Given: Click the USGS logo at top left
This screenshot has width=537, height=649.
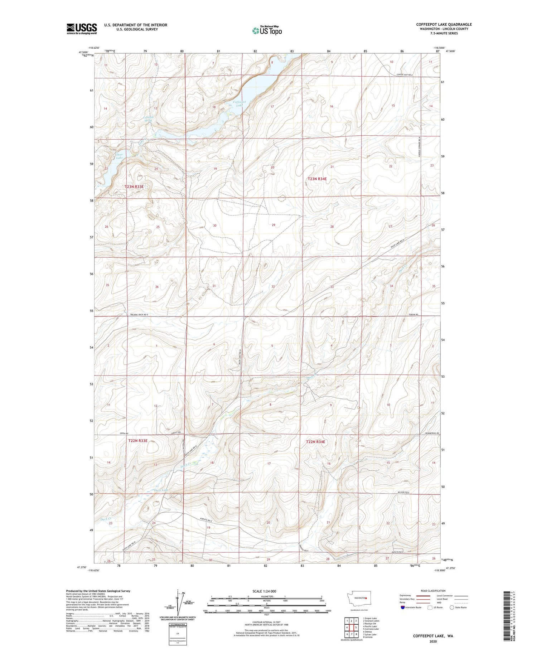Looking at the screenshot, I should (x=82, y=29).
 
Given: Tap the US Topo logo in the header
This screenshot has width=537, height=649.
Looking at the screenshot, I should (x=267, y=31).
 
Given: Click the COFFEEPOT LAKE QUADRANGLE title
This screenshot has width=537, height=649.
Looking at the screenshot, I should (x=444, y=24).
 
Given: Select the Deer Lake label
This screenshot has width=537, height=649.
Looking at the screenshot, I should (x=119, y=156).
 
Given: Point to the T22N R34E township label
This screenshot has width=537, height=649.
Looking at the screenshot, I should (x=315, y=442).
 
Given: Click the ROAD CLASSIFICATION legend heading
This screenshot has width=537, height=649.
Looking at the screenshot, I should (x=433, y=591).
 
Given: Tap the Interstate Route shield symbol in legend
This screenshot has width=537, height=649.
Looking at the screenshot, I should (x=403, y=607).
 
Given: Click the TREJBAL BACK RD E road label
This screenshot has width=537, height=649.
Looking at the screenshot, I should (x=139, y=314).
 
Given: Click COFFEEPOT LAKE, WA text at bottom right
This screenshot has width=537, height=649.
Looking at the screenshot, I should (x=433, y=636).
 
